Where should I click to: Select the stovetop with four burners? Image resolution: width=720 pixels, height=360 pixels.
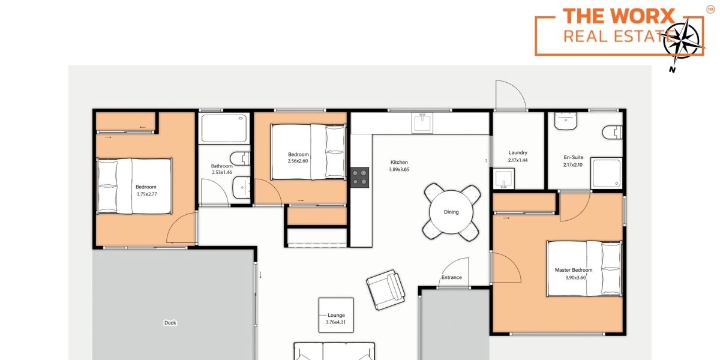pos(359,178)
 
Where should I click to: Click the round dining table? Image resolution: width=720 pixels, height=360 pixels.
pos(451,212)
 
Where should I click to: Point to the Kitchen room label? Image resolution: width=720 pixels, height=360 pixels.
pos(399,163)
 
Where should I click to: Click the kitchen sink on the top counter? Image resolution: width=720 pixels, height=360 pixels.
pos(422,123)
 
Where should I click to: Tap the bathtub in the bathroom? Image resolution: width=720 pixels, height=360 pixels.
pos(224,128)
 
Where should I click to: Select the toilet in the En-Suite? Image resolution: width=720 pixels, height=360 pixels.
pos(613,133)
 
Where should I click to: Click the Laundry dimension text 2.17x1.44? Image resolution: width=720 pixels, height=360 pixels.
pos(518,160)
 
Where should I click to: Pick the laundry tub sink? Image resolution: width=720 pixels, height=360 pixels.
pos(503,179)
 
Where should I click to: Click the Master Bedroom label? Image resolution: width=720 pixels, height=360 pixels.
pos(574,270)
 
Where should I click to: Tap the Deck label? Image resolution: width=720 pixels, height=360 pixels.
pos(170,323)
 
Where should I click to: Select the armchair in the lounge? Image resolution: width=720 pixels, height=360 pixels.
pos(386,290)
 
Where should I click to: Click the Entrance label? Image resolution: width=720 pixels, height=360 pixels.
pos(451,277)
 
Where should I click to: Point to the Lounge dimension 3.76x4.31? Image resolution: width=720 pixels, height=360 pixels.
pos(335,322)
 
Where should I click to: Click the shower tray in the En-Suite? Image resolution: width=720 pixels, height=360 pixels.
pos(607,173)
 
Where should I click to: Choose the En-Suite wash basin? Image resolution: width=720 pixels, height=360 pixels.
pos(566,121)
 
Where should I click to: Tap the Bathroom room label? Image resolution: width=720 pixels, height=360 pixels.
pos(221,166)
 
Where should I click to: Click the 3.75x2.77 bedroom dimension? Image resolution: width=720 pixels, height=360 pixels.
pos(147,194)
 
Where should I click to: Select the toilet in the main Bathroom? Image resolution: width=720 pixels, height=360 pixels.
pos(240,159)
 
